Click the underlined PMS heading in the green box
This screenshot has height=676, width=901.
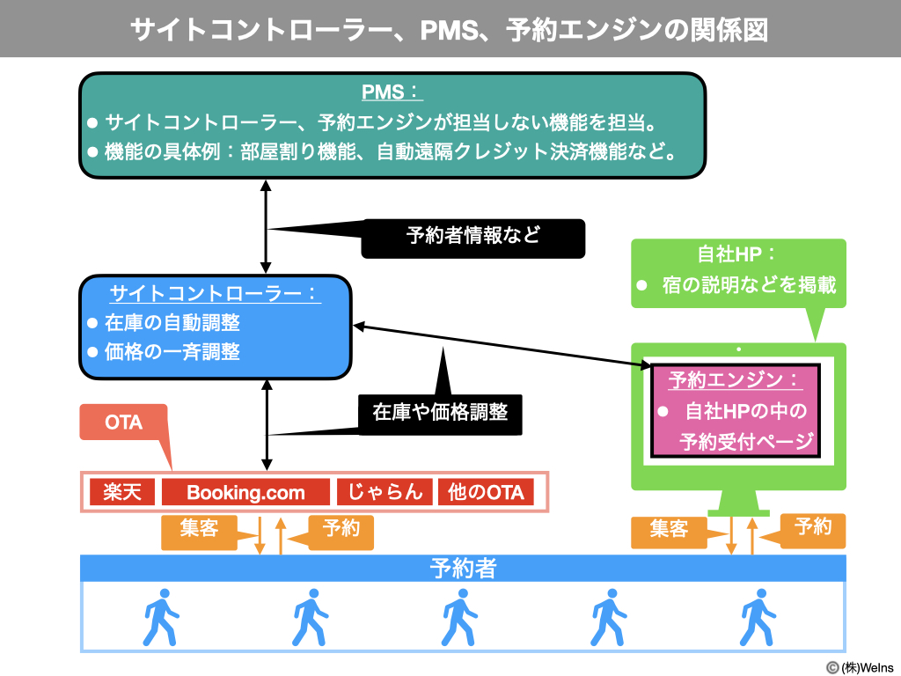[392, 92]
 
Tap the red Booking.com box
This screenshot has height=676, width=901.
[245, 492]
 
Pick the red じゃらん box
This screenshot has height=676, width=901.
[385, 492]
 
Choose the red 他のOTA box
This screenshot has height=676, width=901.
[486, 492]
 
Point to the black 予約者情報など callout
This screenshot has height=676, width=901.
[473, 237]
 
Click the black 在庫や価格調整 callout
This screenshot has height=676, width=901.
[440, 412]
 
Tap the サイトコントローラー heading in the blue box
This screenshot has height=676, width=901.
[215, 294]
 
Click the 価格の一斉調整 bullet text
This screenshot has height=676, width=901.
[172, 352]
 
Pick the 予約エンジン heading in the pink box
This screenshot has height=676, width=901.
[735, 380]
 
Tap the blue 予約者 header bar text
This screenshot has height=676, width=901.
[463, 569]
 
